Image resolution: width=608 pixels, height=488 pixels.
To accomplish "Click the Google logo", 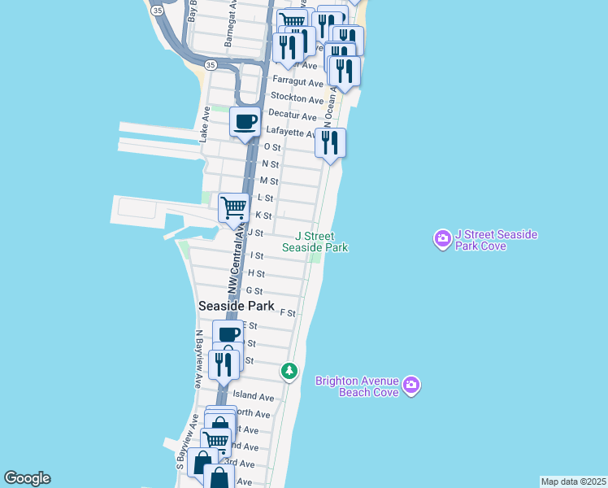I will coord(27,478).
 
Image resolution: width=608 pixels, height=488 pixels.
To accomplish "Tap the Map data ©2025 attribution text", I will coord(573,481).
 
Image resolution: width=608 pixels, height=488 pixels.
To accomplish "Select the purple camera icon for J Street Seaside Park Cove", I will coord(443,239).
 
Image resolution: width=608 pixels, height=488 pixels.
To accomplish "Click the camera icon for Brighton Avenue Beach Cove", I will coord(411,385).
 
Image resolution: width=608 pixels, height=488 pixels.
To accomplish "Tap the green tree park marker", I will coord(289,371).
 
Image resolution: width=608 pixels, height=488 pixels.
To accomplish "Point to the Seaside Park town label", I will coord(236,306).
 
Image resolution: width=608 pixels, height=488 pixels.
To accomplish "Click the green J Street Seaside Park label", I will coord(315,242).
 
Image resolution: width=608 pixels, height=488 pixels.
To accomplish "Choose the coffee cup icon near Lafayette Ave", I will coord(245,123).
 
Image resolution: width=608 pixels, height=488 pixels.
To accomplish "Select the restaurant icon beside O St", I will coord(330,143).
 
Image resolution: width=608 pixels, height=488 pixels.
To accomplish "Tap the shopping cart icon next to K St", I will coord(233,207).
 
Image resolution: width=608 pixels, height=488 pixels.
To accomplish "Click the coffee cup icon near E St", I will coord(228,334).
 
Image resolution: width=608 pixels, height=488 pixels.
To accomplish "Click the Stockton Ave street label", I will coord(297,98).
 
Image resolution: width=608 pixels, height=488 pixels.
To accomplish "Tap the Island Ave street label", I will coord(254,397).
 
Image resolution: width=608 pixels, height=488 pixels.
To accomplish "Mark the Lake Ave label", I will coord(206,124).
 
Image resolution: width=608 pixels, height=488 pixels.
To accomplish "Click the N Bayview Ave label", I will coord(198,358).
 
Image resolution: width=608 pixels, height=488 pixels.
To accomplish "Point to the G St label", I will coord(254,290).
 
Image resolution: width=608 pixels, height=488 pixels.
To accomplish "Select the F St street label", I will coord(287,312).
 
